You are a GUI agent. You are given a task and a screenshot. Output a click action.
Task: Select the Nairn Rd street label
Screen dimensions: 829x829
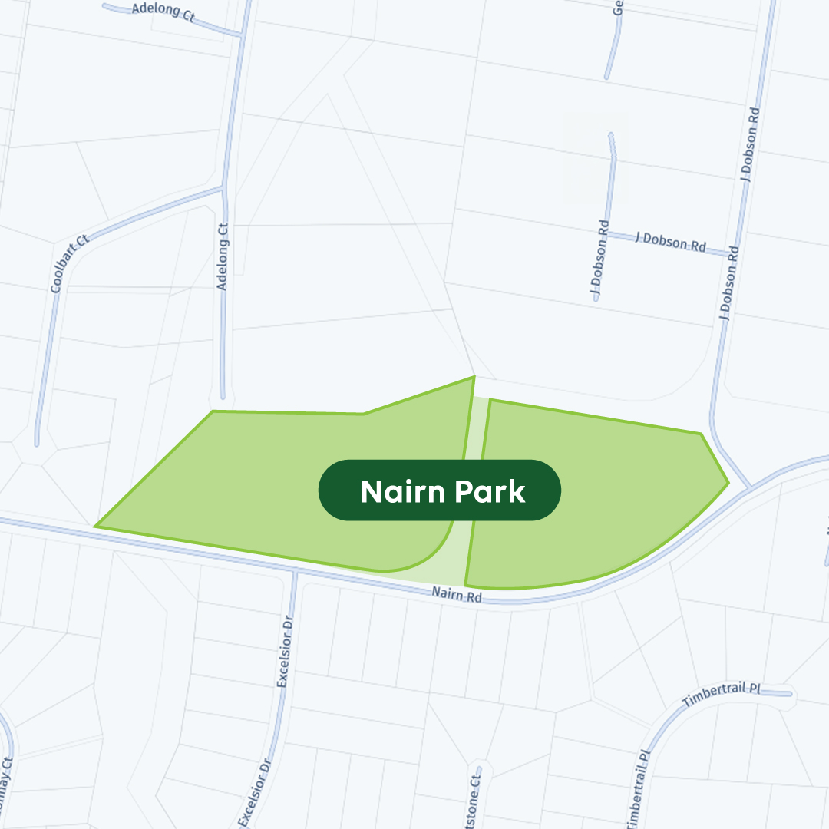tap(456, 594)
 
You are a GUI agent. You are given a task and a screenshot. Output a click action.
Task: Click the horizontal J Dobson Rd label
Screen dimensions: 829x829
tap(670, 243)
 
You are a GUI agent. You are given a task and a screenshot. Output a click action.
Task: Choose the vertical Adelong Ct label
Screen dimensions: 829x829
tap(223, 256)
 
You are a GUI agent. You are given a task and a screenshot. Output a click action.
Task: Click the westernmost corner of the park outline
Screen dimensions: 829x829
tap(96, 527)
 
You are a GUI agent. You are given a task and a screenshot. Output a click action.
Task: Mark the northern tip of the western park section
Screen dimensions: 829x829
tap(474, 377)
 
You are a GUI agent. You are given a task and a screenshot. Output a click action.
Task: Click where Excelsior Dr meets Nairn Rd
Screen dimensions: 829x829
tap(295, 573)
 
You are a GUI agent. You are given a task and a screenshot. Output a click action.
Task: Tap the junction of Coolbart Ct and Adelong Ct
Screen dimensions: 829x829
tap(223, 187)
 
